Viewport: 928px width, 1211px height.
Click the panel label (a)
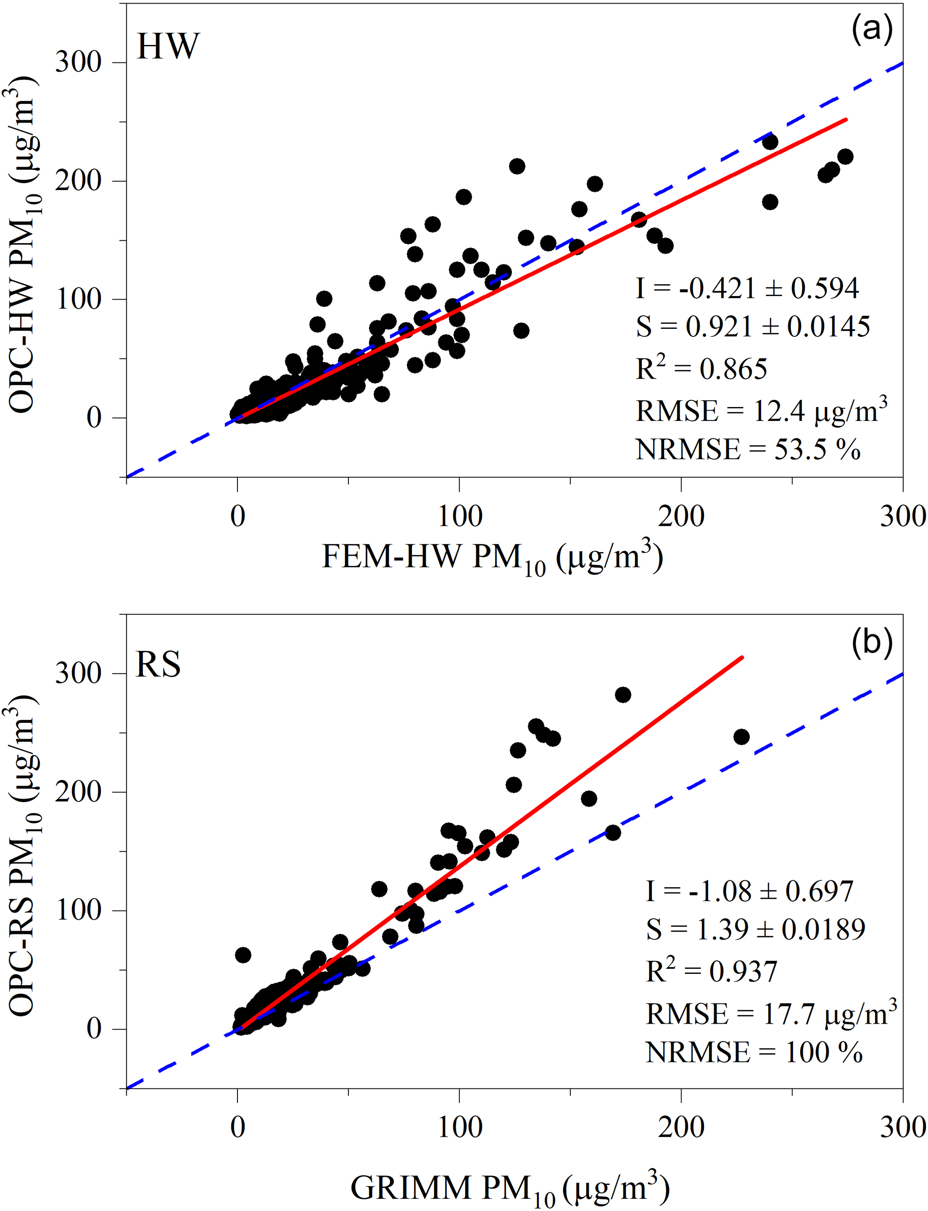pos(872,31)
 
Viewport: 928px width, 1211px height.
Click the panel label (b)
pos(872,643)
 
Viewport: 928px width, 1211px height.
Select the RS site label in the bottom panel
pos(158,664)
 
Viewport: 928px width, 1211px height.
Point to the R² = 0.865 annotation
pos(702,368)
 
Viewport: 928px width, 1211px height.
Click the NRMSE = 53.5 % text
pos(748,449)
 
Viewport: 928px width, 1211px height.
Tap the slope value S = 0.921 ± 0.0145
pos(753,327)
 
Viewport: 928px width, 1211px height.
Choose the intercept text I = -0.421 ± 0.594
pos(748,288)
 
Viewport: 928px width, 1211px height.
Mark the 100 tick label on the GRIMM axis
pos(460,1127)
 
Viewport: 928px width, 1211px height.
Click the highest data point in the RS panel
pos(623,695)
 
